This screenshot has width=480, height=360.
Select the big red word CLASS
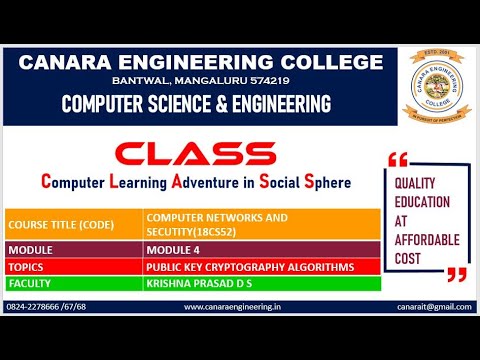[x=194, y=154]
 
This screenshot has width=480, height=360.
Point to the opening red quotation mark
[x=398, y=159]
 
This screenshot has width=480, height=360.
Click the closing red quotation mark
[x=457, y=273]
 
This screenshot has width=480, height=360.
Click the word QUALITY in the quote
[x=418, y=183]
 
